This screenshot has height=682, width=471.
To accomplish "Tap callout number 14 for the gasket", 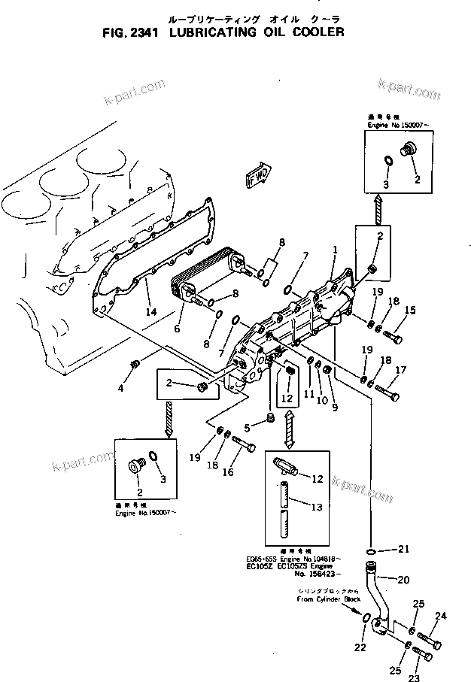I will (150, 311).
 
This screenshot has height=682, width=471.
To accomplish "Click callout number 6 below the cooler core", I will (177, 329).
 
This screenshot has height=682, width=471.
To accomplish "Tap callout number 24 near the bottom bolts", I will (439, 616).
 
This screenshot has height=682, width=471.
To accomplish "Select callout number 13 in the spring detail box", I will (317, 508).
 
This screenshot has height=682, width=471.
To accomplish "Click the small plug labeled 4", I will (135, 364).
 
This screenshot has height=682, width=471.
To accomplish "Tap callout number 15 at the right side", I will (410, 310).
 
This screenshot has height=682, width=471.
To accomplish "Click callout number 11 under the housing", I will (308, 394).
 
